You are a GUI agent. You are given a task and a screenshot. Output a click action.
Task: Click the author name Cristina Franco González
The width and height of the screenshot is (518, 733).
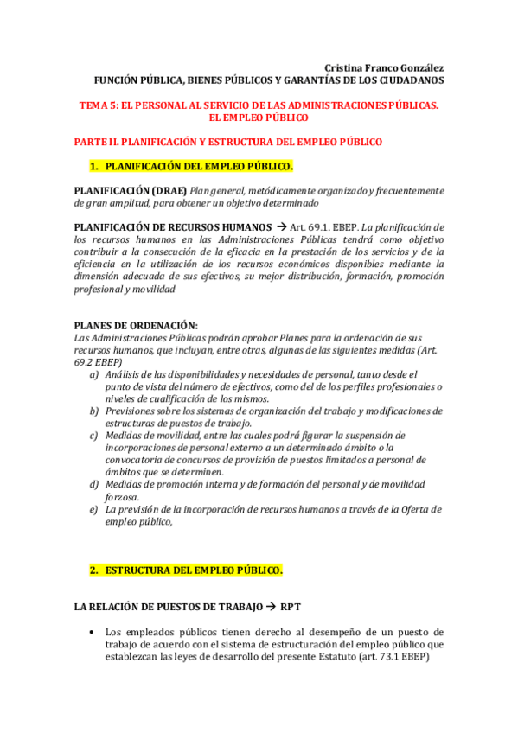pyautogui.click(x=384, y=67)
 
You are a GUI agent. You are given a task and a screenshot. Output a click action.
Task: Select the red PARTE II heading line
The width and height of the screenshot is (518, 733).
pyautogui.click(x=227, y=141)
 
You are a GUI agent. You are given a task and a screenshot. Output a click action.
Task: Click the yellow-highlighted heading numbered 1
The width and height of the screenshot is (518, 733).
pyautogui.click(x=191, y=166)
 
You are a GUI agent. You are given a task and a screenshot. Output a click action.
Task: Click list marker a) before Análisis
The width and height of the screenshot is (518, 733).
pyautogui.click(x=93, y=373)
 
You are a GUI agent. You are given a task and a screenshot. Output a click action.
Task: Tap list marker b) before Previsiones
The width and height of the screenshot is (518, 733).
pyautogui.click(x=93, y=411)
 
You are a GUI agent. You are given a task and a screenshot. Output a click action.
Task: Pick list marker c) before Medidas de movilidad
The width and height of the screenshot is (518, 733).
pyautogui.click(x=93, y=435)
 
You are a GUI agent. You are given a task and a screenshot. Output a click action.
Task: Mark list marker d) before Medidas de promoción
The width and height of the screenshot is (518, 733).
pyautogui.click(x=93, y=484)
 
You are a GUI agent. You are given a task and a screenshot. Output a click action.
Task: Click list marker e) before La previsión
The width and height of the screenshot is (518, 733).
pyautogui.click(x=93, y=509)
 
